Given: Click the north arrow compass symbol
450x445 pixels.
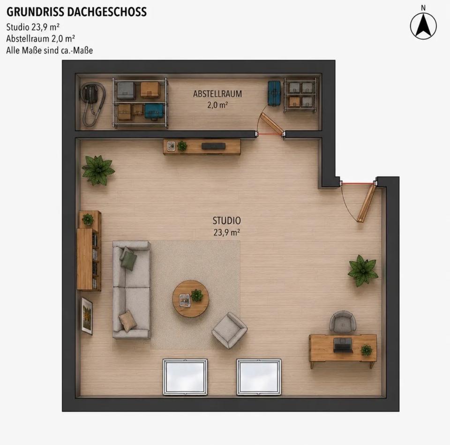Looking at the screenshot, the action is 423,26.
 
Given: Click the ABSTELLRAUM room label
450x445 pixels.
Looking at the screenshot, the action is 217,94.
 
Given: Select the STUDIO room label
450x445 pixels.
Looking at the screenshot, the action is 226,220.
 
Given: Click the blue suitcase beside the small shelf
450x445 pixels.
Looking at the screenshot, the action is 274,93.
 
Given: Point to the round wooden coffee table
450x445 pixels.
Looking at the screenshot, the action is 191,299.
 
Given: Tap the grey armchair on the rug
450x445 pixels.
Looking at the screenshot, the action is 229,330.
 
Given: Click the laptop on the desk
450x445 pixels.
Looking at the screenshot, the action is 343,345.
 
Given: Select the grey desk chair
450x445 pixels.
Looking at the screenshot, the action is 343,321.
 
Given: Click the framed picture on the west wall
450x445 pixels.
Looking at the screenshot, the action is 86,316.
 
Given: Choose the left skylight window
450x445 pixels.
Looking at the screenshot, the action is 185,377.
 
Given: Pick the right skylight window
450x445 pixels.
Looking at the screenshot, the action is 259,377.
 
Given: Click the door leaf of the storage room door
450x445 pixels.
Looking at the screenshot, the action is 272,123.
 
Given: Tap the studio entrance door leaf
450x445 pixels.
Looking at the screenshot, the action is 367,203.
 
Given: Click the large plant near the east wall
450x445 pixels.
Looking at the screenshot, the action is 363,271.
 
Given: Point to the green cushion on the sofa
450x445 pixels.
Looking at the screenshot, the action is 128,259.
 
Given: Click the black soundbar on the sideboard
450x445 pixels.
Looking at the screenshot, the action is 213,146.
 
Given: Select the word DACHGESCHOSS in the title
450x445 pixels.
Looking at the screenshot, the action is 107,12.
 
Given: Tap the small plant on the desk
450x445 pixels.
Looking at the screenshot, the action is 366,350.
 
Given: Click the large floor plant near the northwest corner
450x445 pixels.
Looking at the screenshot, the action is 98,170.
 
